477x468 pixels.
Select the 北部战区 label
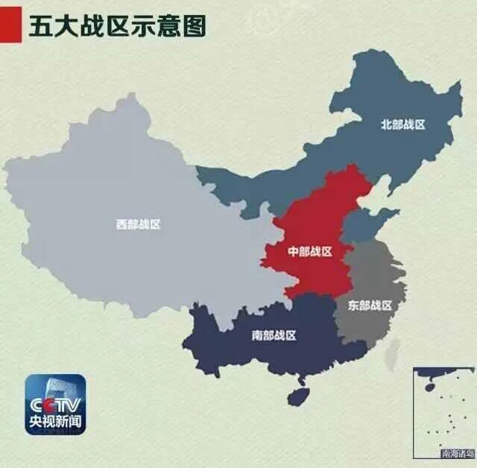402,124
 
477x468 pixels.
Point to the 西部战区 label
138,224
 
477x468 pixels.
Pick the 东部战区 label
370,305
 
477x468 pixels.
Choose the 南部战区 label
274,335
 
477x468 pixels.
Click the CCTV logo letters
55,405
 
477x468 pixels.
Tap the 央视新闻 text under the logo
55,423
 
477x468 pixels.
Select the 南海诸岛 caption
457,452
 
